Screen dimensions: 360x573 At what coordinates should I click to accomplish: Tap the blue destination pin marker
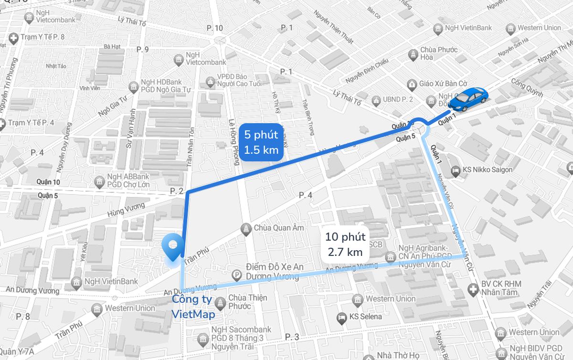pos(173,246)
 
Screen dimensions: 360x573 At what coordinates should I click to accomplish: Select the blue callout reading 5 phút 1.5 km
pos(261,142)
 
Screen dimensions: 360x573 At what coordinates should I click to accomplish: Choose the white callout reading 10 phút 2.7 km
pos(345,244)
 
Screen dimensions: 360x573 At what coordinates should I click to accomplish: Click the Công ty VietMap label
pos(193,307)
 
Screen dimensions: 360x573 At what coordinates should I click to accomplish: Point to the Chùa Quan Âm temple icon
pos(246,228)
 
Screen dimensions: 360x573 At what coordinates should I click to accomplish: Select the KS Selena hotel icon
pos(341,317)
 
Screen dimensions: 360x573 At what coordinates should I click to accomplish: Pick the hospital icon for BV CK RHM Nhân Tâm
pos(473,289)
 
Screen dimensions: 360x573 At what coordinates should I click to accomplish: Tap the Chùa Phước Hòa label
pos(439,54)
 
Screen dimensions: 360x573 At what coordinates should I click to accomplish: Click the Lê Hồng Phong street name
pos(234,141)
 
